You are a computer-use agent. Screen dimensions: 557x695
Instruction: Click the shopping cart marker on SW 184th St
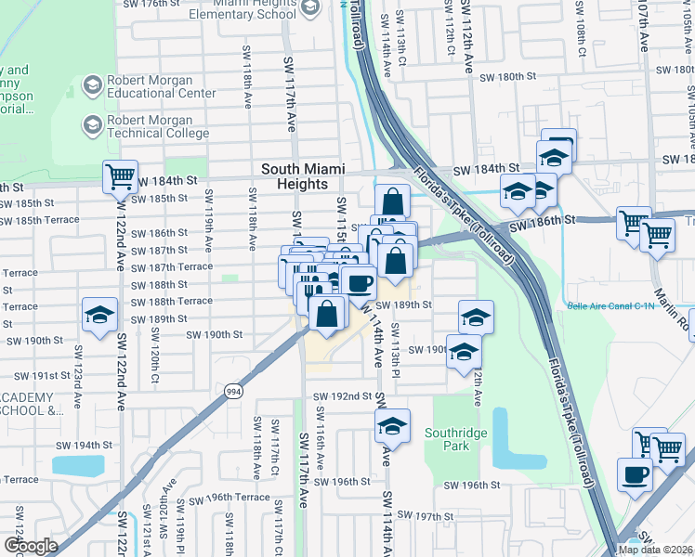coord(120,175)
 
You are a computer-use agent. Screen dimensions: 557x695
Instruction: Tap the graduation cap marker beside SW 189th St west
coord(99,315)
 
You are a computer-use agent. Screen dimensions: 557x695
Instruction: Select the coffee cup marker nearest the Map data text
coord(635,474)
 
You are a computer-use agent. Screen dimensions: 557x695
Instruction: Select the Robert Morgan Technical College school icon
coord(92,124)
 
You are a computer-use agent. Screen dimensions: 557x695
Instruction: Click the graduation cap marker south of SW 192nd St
coord(393,426)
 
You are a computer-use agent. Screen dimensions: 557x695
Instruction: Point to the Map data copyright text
coord(655,550)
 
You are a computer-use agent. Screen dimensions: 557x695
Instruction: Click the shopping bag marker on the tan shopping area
coord(327,314)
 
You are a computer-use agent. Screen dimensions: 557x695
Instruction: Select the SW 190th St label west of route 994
coord(215,334)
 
